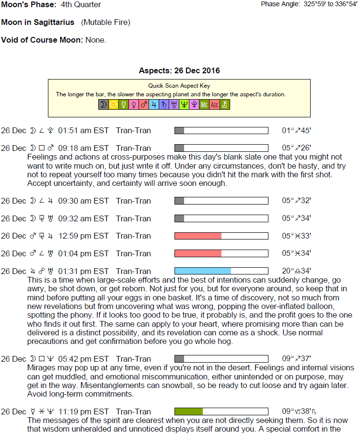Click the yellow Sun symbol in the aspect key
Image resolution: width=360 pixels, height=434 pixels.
pos(113,104)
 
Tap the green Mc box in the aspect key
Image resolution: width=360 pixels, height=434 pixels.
pos(204,104)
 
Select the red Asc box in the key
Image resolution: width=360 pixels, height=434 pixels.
pos(214,104)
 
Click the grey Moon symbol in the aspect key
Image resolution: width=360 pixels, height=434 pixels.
pos(103,104)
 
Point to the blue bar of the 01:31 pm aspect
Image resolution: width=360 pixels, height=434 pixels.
pos(203,271)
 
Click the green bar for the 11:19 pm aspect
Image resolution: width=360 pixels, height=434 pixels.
pos(189,411)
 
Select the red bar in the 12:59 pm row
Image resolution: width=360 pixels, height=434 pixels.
pos(198,236)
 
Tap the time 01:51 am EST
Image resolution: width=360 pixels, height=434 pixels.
pos(83,130)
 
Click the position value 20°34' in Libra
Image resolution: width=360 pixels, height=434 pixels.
pos(296,271)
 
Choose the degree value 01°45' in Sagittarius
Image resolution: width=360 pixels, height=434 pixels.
pos(296,130)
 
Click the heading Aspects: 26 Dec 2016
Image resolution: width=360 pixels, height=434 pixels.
pos(179,70)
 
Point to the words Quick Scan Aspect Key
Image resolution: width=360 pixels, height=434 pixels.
pos(179,86)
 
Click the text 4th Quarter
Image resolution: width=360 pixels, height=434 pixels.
pos(81,4)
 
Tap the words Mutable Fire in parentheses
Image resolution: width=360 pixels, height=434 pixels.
pos(105,22)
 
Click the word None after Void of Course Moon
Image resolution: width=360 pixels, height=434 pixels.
pos(95,40)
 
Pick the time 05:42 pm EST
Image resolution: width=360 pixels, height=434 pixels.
pos(83,359)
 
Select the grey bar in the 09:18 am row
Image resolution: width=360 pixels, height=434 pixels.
pos(179,148)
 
